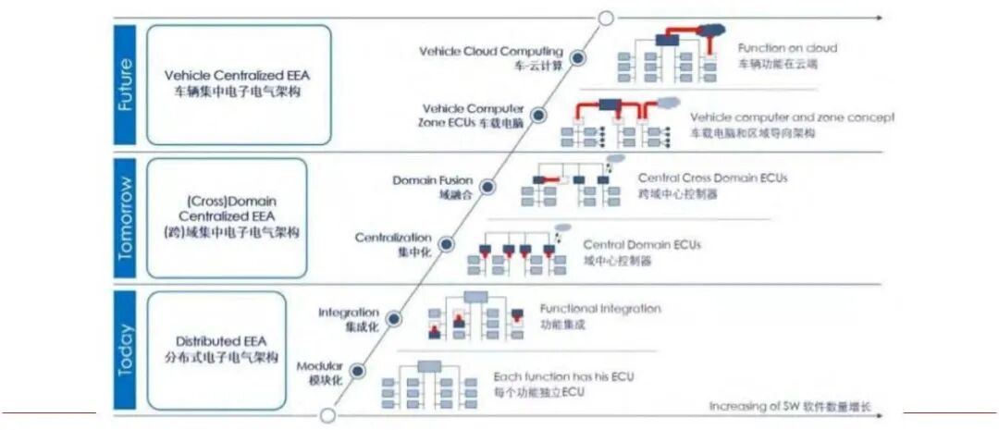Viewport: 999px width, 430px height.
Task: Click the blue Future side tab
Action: (127, 85)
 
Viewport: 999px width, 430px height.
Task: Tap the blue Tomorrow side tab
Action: (127, 218)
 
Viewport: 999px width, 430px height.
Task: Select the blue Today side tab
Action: (127, 350)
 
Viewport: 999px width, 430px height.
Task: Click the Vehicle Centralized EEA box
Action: (238, 84)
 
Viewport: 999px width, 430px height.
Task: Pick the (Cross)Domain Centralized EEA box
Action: (226, 217)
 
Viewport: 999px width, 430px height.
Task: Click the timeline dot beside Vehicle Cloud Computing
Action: (578, 57)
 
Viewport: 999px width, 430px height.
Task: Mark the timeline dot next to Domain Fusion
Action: (488, 187)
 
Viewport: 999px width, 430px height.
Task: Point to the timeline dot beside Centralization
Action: (447, 244)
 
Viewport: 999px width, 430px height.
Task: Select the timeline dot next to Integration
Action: (394, 318)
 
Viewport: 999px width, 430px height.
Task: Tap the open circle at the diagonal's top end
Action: (606, 17)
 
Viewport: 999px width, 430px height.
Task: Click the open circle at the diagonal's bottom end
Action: (327, 415)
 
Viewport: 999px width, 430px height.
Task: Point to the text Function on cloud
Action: (787, 47)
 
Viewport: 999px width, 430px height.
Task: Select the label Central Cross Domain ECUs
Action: (712, 178)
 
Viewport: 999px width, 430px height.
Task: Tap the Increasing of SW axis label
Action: (790, 407)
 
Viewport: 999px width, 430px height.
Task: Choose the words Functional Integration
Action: (600, 308)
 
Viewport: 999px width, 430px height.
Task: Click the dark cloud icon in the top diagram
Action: (711, 31)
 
